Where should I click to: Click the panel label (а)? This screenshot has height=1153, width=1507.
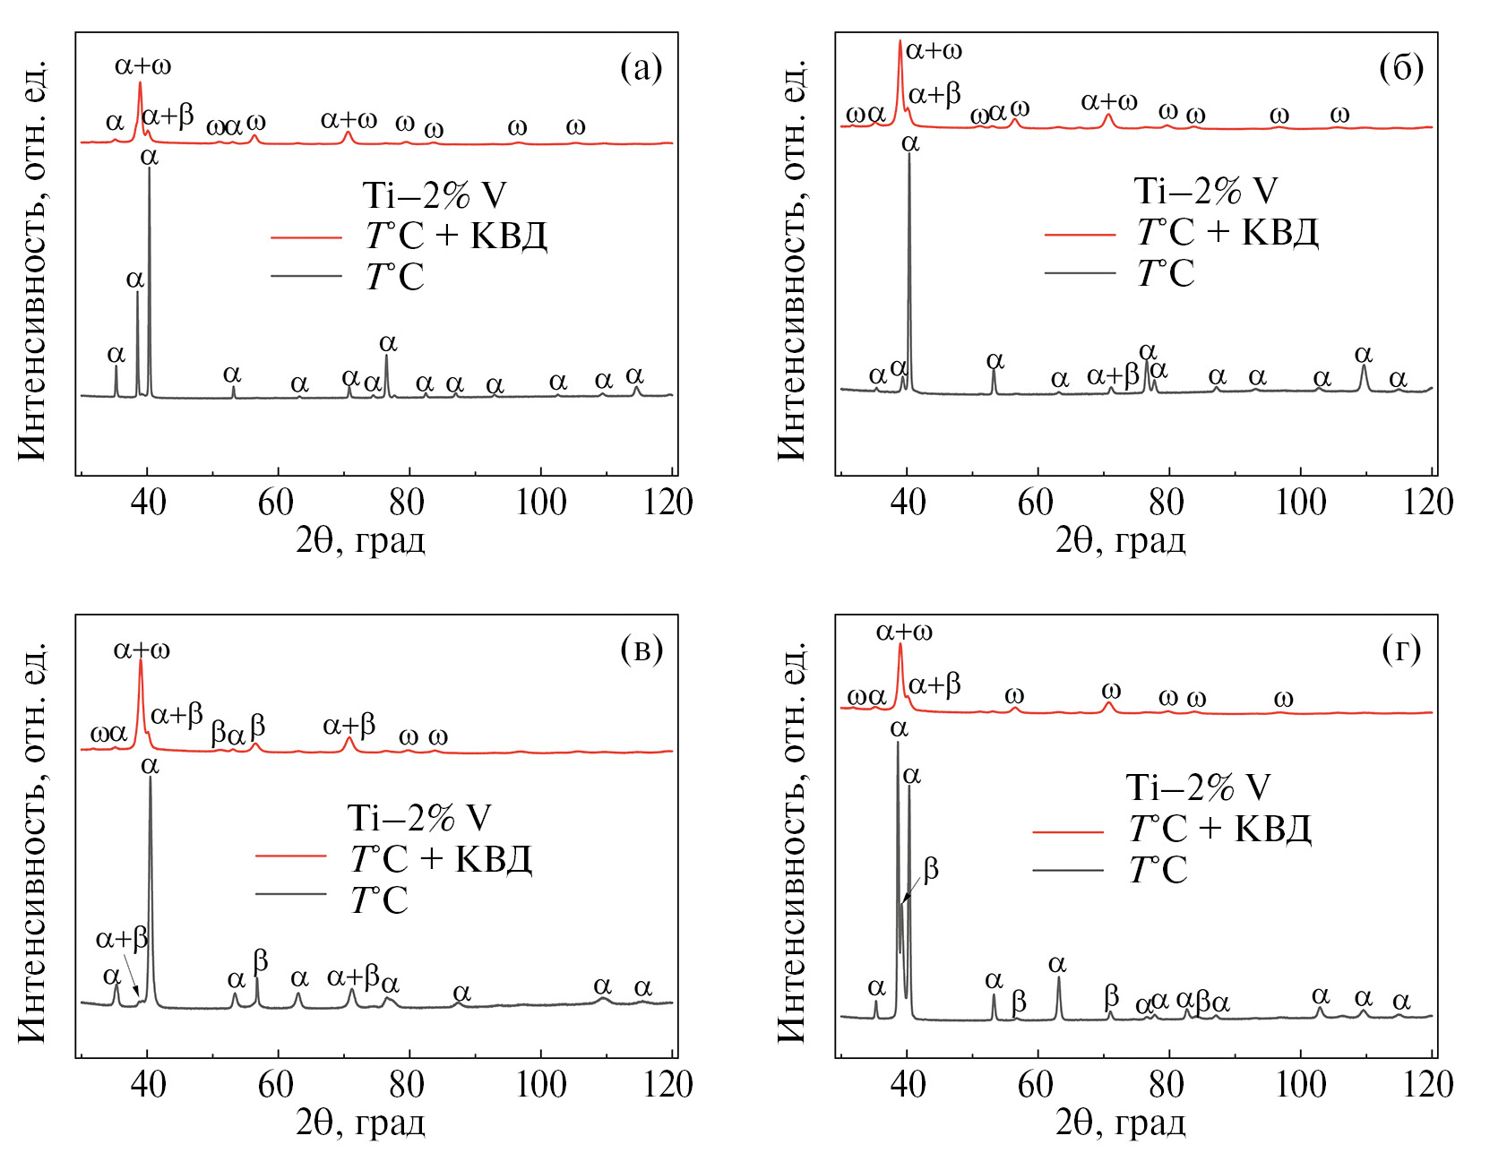[641, 68]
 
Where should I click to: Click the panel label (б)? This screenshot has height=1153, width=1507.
[1401, 68]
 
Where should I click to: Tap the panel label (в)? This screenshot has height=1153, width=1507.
[641, 650]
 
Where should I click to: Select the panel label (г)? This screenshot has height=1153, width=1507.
[1401, 650]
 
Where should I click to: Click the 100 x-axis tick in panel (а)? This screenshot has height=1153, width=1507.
[541, 502]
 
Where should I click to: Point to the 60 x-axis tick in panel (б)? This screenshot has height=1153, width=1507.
[1038, 502]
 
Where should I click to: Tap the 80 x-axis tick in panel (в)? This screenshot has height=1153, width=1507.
[408, 1084]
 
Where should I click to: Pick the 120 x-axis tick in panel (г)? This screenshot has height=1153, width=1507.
[1428, 1084]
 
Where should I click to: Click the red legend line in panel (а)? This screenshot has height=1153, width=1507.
[306, 237]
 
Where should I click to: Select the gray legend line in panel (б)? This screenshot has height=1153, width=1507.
[1080, 272]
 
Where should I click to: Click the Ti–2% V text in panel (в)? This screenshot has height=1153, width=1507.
[419, 818]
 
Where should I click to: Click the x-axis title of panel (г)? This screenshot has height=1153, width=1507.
[1120, 1123]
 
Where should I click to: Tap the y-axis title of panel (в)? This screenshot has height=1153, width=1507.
[32, 842]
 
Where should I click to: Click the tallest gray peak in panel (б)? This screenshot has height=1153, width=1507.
[909, 157]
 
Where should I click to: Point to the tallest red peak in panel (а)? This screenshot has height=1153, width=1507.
[140, 84]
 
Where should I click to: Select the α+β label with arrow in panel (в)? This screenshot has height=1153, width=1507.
[122, 939]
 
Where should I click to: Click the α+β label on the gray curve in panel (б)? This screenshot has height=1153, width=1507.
[1113, 375]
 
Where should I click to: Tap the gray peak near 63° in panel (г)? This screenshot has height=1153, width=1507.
[1059, 979]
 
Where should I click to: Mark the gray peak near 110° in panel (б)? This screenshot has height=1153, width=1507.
[1364, 366]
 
